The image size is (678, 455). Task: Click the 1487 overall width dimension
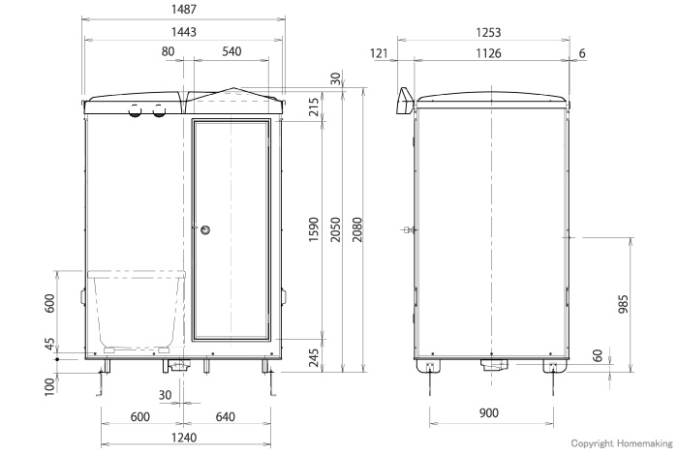pyautogui.click(x=183, y=10)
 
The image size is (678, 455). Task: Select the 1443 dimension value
pyautogui.click(x=183, y=32)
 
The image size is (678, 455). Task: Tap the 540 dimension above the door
pyautogui.click(x=231, y=51)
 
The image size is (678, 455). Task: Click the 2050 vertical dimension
pyautogui.click(x=334, y=229)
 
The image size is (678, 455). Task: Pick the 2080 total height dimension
pyautogui.click(x=356, y=229)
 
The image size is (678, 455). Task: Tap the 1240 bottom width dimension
pyautogui.click(x=183, y=439)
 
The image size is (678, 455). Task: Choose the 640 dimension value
pyautogui.click(x=227, y=417)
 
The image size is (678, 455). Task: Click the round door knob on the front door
pyautogui.click(x=205, y=229)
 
